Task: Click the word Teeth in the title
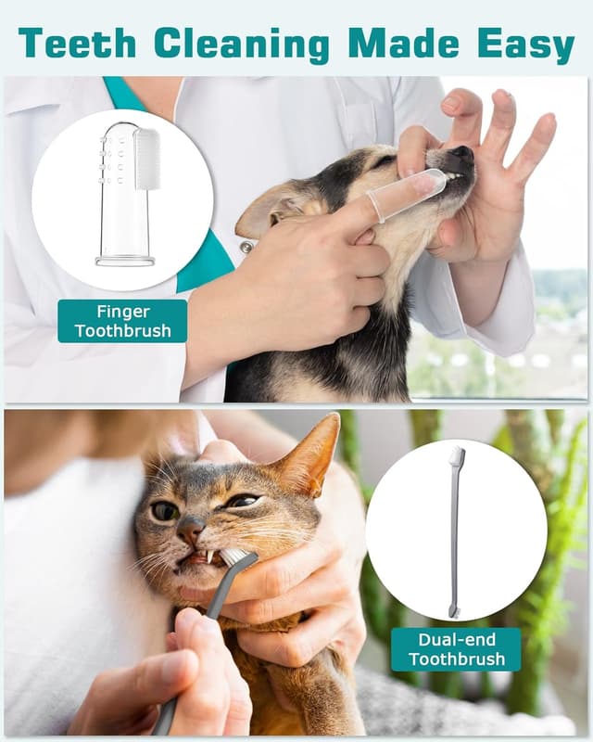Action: coord(76,43)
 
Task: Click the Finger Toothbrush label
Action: coord(122,321)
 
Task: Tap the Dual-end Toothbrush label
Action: coord(455,649)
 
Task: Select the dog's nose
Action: coord(461,154)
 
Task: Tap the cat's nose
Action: coord(189,529)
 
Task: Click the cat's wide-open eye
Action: coord(166,511)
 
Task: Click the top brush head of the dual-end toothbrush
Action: coord(456,456)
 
